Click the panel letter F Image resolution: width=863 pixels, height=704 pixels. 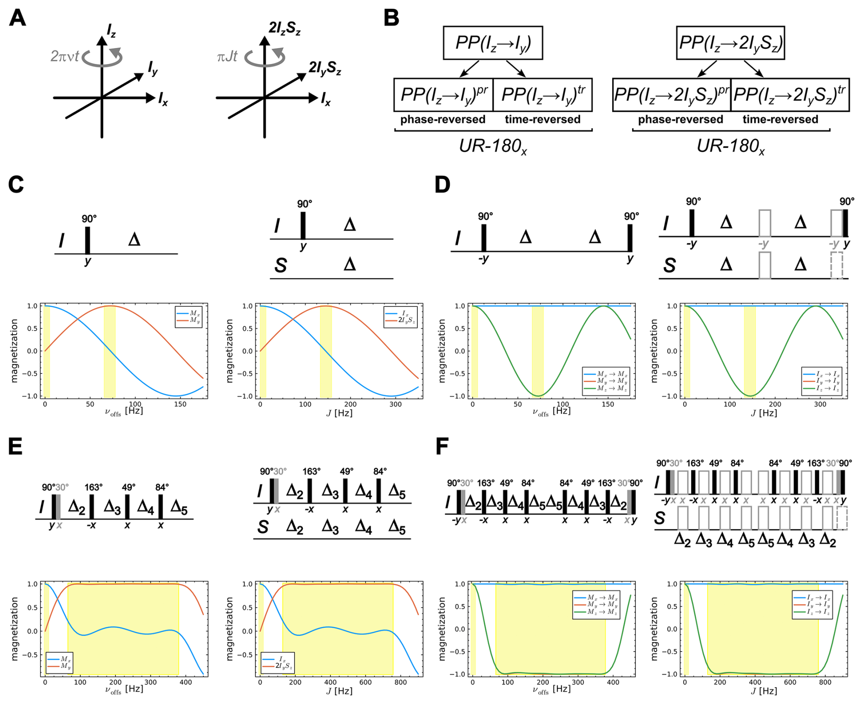click(442, 447)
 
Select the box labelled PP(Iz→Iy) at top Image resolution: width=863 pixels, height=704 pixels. click(493, 43)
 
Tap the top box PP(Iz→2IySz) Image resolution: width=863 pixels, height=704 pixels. click(730, 43)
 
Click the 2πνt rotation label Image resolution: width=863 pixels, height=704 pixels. click(64, 56)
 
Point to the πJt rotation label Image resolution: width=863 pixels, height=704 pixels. click(227, 57)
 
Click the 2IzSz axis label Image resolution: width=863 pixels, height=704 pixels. click(284, 28)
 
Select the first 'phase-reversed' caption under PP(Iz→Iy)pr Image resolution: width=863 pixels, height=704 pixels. click(442, 120)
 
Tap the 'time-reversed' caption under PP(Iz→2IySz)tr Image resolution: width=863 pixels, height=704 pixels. click(780, 120)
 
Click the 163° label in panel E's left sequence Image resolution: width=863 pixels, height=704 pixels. click(93, 487)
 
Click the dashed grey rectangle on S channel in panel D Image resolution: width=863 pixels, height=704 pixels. click(837, 265)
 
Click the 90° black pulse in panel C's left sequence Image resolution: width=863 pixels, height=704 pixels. click(88, 240)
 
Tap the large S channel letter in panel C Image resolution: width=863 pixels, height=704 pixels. click(280, 265)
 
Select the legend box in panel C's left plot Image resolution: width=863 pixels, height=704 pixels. click(188, 317)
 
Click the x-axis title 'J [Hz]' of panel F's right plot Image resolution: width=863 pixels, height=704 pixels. click(765, 691)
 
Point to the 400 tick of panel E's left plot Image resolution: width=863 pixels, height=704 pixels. click(186, 682)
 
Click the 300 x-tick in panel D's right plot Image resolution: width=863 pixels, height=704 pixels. click(820, 404)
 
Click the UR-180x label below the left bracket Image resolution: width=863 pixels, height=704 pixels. click(493, 146)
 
